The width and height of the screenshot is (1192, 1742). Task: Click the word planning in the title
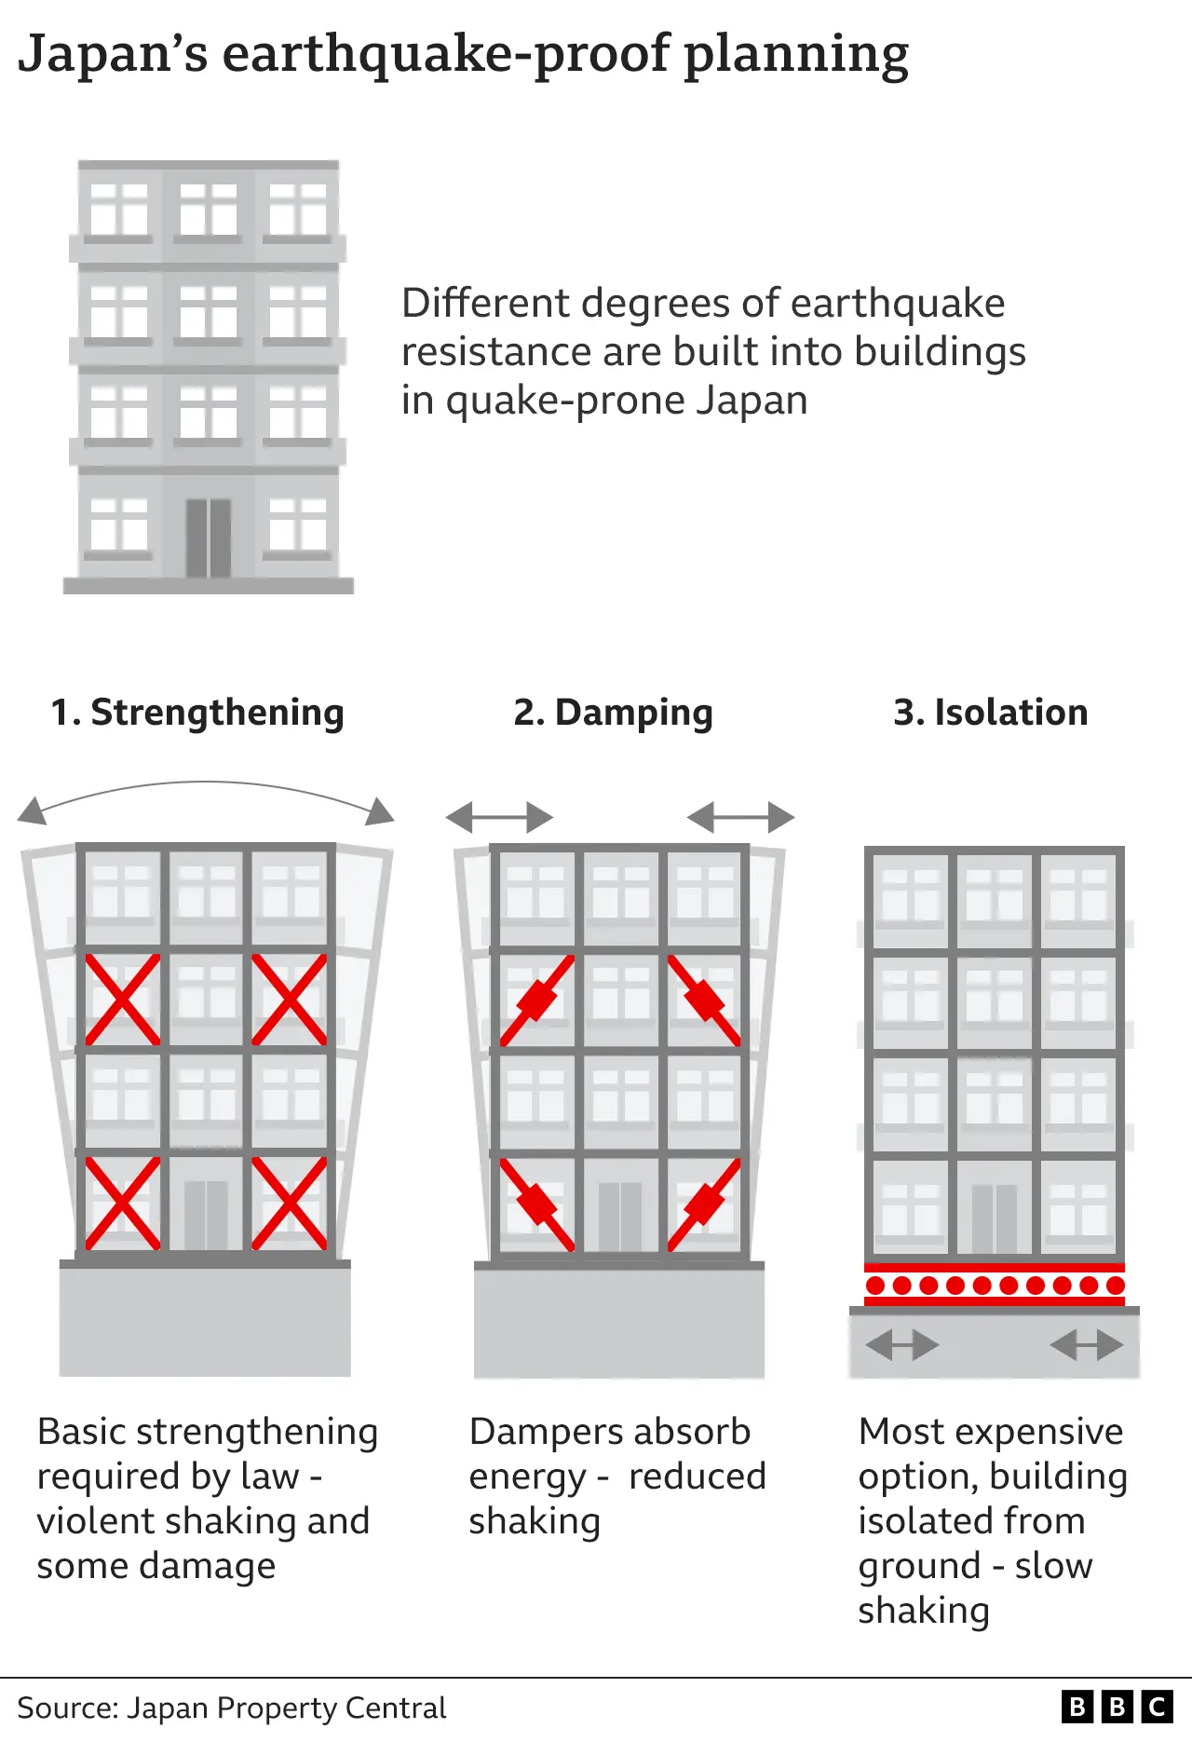(796, 54)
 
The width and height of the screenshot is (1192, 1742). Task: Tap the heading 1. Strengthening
(197, 713)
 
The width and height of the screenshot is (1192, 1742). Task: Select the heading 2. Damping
(613, 713)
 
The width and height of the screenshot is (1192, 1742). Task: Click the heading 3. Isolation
(990, 713)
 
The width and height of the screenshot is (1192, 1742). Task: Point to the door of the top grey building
(209, 538)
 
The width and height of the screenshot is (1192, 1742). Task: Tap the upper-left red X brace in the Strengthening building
(122, 1000)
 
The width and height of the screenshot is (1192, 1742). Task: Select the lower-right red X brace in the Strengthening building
(290, 1203)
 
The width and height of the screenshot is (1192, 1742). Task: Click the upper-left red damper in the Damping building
(536, 1000)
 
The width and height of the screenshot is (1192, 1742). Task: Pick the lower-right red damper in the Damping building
(704, 1204)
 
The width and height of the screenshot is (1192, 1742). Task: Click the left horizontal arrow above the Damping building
(499, 818)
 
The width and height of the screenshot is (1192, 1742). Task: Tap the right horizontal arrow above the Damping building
(741, 818)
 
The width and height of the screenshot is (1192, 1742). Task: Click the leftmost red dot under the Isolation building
(875, 1286)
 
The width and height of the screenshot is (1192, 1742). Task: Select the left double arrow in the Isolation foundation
(901, 1345)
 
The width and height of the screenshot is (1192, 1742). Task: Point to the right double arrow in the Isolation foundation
(1086, 1345)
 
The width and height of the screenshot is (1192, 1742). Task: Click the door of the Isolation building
(994, 1218)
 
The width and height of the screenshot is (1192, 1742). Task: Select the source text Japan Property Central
(287, 1708)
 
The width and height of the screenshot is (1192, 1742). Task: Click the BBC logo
(1117, 1707)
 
